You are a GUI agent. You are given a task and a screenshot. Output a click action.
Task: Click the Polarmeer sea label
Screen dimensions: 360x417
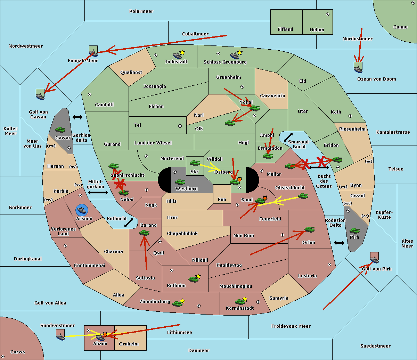(141, 11)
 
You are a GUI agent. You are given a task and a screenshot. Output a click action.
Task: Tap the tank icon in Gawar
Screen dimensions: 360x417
(60, 130)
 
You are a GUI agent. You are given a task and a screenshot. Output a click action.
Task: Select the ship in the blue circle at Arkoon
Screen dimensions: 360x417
(82, 210)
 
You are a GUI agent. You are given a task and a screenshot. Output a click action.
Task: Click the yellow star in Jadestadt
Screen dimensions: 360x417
(182, 52)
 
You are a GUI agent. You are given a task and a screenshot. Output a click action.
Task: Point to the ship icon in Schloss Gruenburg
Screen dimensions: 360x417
(235, 56)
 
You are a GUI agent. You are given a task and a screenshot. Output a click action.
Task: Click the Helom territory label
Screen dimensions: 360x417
(317, 30)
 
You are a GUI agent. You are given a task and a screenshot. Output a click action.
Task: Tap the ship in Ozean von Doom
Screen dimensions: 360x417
(358, 67)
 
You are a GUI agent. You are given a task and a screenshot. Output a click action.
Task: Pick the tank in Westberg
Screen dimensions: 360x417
(180, 182)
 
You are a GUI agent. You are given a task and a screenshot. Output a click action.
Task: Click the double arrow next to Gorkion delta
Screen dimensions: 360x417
(77, 117)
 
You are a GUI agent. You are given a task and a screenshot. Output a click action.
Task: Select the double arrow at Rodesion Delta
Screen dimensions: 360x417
(339, 243)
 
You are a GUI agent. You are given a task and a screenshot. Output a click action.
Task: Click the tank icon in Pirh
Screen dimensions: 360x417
(354, 231)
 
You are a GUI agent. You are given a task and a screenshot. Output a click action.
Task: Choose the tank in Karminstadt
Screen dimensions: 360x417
(240, 302)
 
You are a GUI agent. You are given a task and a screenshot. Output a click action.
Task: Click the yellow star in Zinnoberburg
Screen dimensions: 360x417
(182, 301)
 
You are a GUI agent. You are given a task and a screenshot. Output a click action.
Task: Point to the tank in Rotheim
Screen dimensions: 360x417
(193, 279)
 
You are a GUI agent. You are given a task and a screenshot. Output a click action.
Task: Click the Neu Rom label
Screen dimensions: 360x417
(244, 236)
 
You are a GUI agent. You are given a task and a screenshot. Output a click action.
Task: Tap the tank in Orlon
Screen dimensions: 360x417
(309, 230)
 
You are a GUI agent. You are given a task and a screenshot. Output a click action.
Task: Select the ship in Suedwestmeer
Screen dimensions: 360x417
(60, 335)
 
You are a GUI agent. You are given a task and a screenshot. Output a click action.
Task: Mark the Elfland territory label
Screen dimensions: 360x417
(285, 30)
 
